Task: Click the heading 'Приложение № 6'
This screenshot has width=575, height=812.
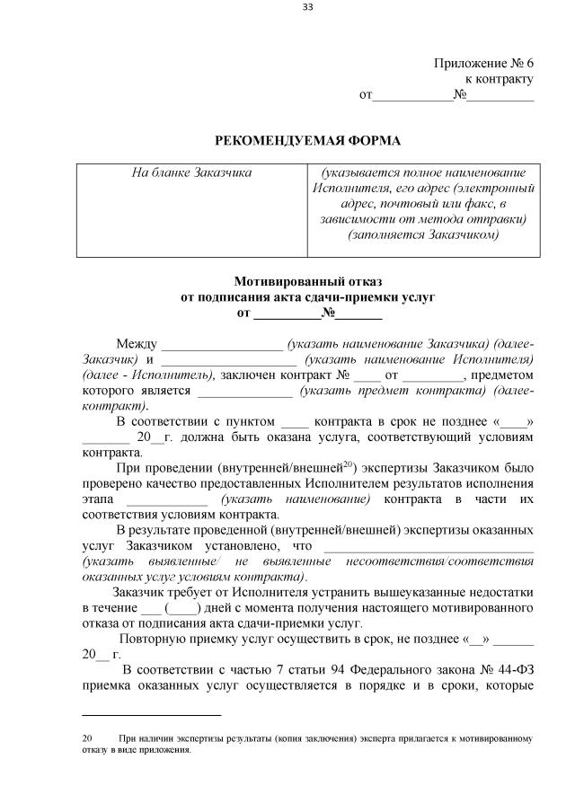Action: pos(483,63)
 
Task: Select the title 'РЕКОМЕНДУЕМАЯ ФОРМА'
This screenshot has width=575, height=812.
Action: pos(307,140)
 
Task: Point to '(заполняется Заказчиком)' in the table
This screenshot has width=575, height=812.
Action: pos(422,236)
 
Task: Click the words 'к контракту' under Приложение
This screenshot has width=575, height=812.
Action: pos(499,79)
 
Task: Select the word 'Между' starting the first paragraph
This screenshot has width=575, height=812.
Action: pos(137,345)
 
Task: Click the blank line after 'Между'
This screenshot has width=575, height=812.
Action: pos(221,346)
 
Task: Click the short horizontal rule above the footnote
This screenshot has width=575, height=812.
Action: pos(151,715)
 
